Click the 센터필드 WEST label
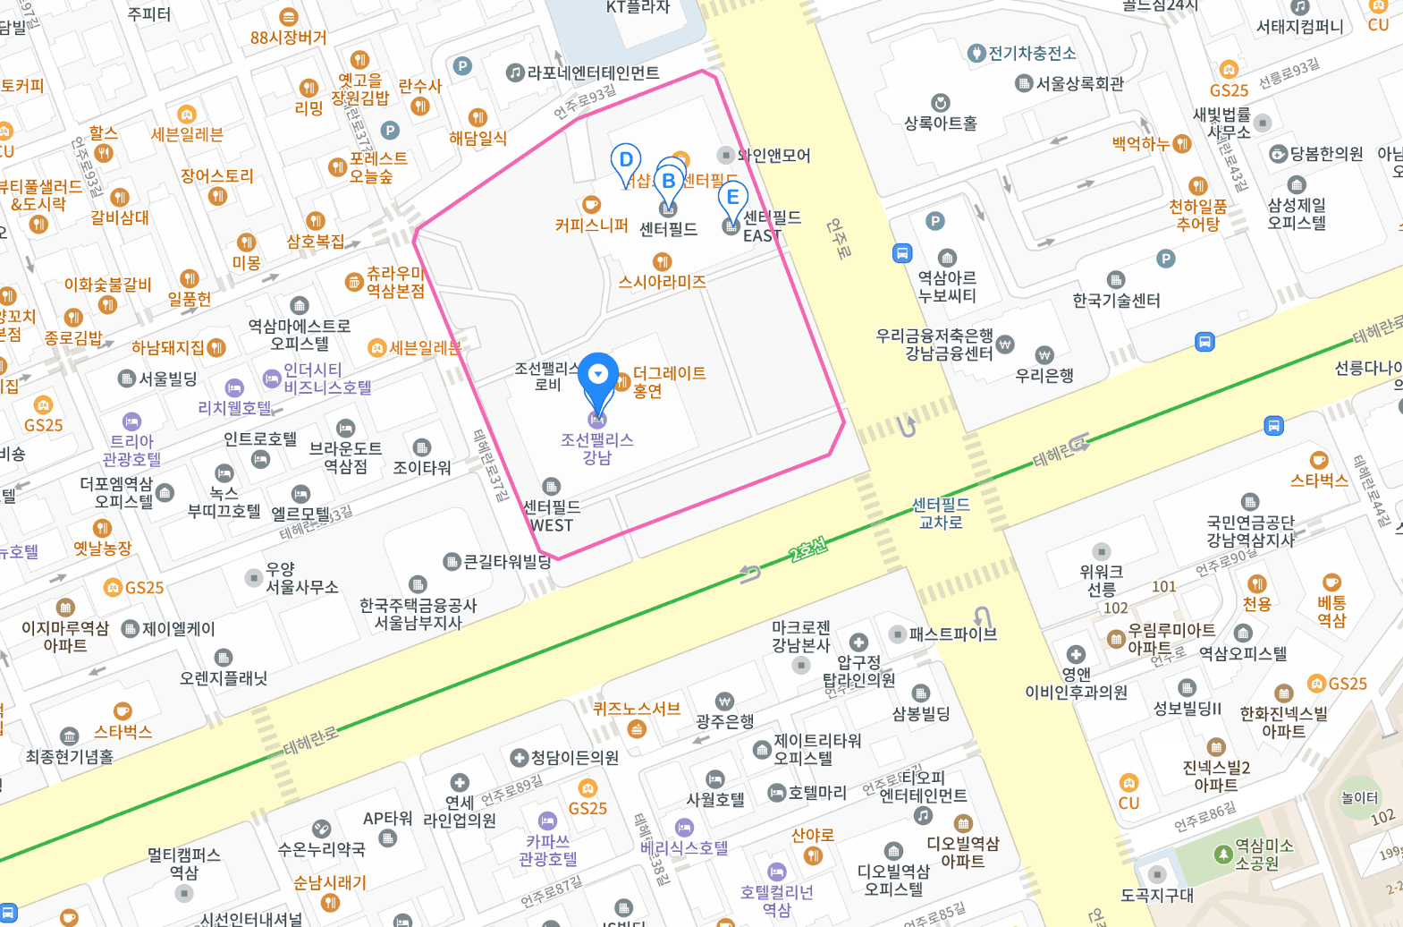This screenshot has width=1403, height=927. (552, 515)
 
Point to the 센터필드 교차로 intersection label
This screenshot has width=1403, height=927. (941, 513)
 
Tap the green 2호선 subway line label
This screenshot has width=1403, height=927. (807, 549)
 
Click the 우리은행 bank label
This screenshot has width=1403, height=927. (1044, 375)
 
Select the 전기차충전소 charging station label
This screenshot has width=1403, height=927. (1032, 54)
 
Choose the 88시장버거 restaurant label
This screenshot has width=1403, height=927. (288, 38)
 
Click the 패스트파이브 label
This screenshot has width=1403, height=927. (952, 634)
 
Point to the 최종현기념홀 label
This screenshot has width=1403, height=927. (69, 756)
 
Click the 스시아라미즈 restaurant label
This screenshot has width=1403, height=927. (662, 282)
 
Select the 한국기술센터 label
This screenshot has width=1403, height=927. (1116, 300)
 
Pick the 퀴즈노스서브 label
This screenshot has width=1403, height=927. (637, 709)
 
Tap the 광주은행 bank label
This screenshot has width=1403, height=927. (724, 720)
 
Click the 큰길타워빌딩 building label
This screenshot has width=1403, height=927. (506, 562)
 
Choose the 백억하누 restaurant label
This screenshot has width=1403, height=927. (1141, 143)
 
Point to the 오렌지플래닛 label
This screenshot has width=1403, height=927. (224, 677)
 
